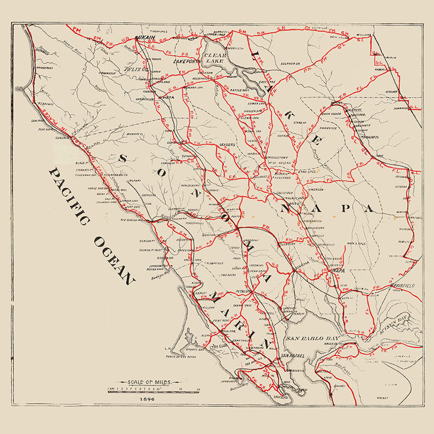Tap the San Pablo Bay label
312,339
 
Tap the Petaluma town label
246,292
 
